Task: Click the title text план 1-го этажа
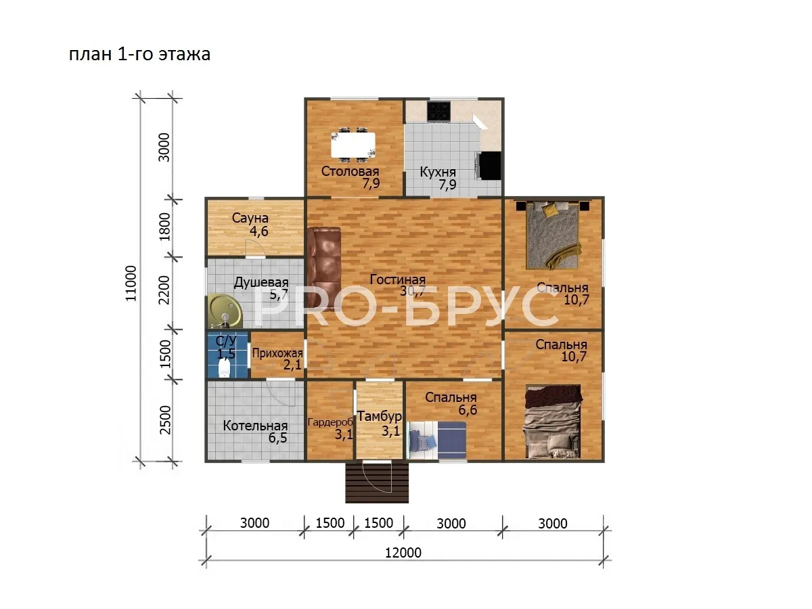pos(139,54)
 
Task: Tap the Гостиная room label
pos(398,279)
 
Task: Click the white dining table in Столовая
pos(353,145)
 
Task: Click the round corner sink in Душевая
pos(225,311)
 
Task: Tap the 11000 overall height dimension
pos(131,284)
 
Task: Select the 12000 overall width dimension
pos(403,553)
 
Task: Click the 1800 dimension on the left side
pos(164,226)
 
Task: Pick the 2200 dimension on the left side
pos(164,290)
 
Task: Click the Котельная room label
pos(255,426)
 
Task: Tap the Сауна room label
pos(250,218)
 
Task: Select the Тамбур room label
pos(379,417)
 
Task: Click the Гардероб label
pos(330,422)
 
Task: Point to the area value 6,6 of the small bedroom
pos(468,409)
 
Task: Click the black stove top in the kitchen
pos(439,111)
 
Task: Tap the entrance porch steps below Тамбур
pos(377,482)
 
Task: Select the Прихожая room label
pos(277,353)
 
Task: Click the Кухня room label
pos(438,173)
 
